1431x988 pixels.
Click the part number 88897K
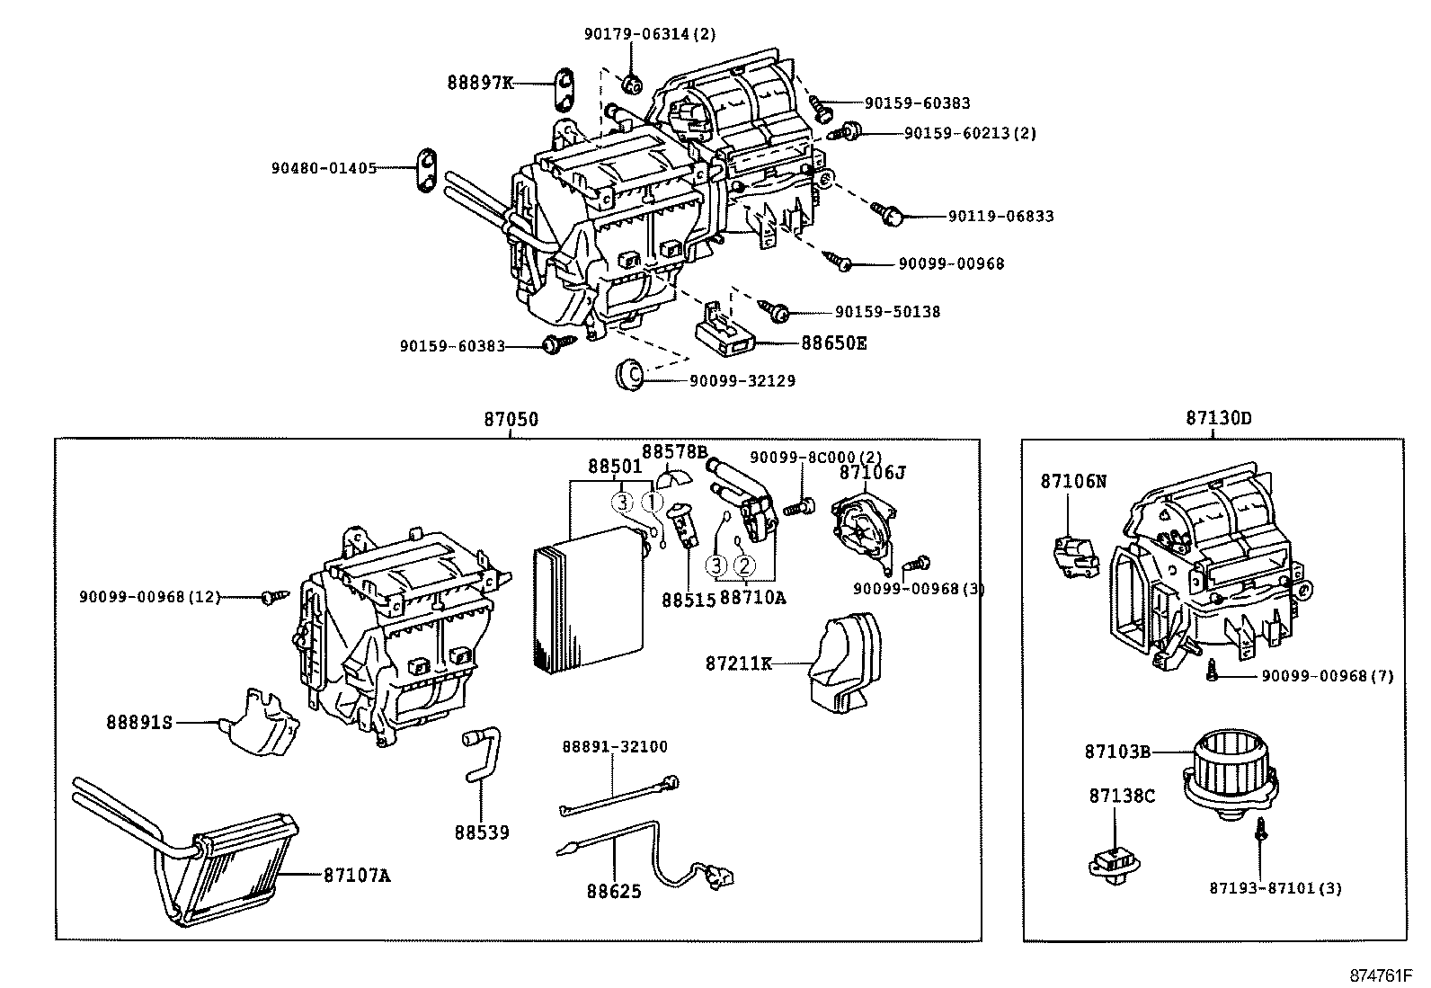(480, 83)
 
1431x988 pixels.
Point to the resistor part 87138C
(1115, 865)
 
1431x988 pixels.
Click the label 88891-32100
(615, 747)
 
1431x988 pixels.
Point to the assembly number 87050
(511, 419)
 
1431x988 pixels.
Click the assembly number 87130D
(1218, 418)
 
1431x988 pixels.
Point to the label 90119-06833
(1000, 217)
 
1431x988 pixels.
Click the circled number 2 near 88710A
(743, 565)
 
